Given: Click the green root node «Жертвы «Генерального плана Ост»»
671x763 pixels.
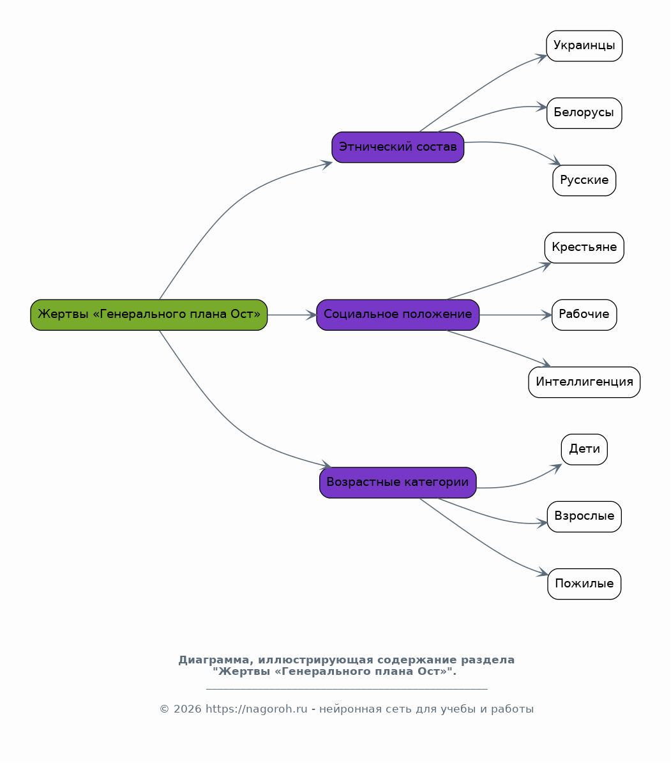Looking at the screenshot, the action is click(149, 315).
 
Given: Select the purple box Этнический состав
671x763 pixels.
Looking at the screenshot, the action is click(398, 147).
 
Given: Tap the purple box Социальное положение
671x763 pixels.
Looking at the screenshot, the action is click(398, 315).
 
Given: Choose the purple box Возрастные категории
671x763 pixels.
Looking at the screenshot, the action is click(398, 483).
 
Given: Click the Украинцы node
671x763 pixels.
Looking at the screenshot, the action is click(584, 46).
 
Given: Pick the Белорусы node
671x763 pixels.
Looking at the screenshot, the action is click(584, 114).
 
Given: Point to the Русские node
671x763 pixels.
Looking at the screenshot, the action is click(584, 181).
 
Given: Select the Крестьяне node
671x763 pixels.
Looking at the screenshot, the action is click(584, 248).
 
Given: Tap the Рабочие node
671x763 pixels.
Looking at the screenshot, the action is click(584, 315).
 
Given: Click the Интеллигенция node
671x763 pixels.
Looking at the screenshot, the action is click(584, 382).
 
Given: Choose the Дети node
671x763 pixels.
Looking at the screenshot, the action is click(584, 449).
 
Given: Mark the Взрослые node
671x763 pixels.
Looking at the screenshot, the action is click(584, 517).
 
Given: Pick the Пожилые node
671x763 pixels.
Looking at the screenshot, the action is click(584, 584).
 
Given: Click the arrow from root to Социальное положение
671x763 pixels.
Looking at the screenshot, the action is click(292, 315).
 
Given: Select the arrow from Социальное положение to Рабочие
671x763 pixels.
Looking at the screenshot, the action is click(515, 315).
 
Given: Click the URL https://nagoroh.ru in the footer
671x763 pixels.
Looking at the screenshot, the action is click(257, 709).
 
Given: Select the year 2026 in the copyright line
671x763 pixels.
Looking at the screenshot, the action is click(187, 709).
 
